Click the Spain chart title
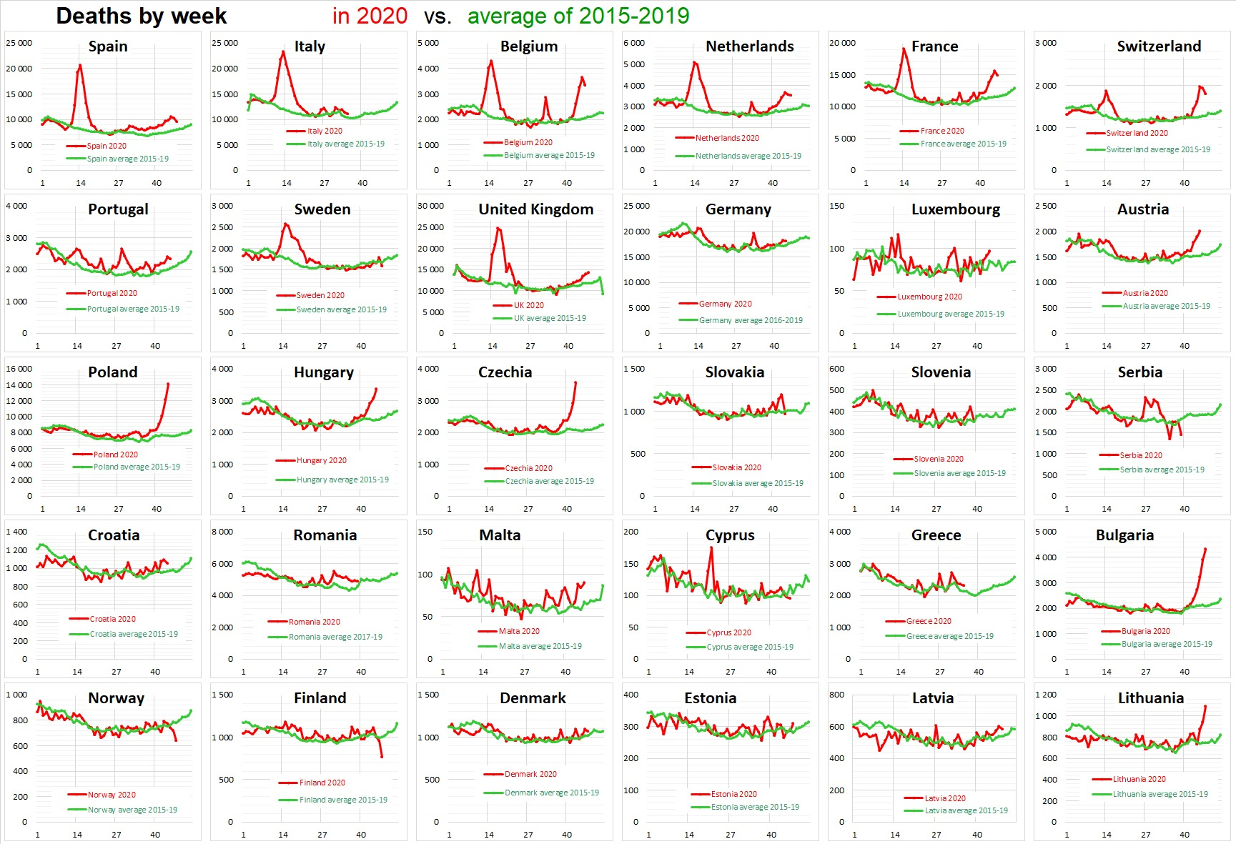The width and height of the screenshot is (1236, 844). tap(108, 46)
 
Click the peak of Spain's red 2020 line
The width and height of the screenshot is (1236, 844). tap(79, 66)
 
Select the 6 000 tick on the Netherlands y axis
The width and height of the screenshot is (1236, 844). tap(634, 43)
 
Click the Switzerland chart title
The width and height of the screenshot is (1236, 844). tap(1159, 46)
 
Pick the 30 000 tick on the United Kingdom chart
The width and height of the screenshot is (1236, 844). tap(431, 206)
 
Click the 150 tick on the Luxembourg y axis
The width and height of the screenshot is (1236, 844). tap(836, 206)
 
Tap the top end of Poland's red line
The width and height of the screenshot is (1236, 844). tap(168, 384)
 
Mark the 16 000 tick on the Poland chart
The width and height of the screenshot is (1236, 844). tap(19, 369)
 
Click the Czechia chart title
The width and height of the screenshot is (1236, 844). tap(505, 372)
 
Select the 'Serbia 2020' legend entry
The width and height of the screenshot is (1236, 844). tap(1140, 455)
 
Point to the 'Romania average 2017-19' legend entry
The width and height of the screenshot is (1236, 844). tap(335, 637)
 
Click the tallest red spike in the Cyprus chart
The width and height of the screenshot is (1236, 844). tap(711, 548)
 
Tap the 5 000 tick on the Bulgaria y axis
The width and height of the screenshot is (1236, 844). tap(1045, 532)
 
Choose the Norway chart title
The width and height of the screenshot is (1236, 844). tap(116, 698)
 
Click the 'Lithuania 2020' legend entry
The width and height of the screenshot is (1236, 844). tap(1139, 779)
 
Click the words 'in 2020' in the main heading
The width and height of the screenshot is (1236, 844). tap(370, 16)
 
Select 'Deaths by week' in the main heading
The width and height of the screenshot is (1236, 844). tap(142, 16)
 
